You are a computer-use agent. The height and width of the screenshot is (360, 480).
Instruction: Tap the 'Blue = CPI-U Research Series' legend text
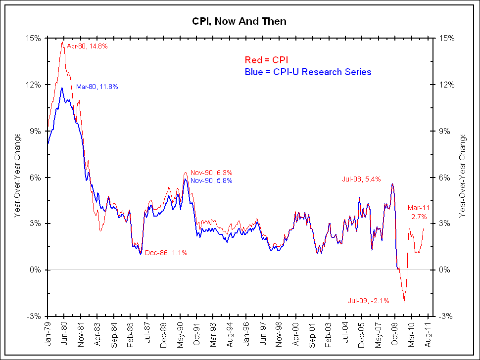tap(308, 72)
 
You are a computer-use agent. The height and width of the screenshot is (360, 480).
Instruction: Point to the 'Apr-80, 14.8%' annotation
tap(87, 46)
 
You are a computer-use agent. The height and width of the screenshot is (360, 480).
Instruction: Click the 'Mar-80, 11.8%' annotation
tap(97, 87)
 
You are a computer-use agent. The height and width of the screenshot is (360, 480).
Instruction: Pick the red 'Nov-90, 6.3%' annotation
tap(212, 173)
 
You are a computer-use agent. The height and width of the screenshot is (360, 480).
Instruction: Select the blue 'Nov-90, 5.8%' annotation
tap(212, 180)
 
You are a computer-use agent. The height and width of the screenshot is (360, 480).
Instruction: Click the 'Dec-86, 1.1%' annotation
tap(166, 253)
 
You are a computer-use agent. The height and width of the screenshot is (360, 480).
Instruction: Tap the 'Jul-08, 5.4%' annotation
tap(361, 179)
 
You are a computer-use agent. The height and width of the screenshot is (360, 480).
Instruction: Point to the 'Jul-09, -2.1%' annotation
tap(369, 300)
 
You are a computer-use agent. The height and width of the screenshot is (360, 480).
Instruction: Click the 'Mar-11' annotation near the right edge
tap(419, 208)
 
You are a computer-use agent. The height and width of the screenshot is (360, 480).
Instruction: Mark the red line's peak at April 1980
tap(62, 42)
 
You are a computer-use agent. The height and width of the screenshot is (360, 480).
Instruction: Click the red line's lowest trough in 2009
tap(404, 302)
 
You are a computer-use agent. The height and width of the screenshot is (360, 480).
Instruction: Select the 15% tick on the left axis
tap(36, 38)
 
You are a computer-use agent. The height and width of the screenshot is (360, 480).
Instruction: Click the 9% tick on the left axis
tap(37, 131)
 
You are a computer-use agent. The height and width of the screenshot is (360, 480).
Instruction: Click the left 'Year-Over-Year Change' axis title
tap(17, 176)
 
